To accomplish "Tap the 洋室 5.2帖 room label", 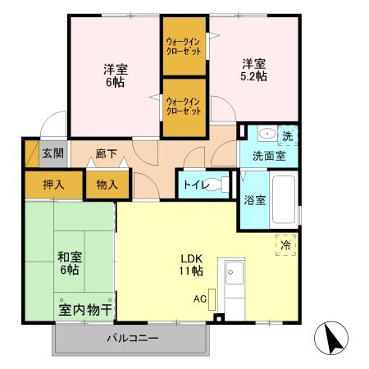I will point(253,70).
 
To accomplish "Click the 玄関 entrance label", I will point(52,153).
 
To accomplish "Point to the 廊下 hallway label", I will point(106,153).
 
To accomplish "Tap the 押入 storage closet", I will point(53,184).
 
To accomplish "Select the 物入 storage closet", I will point(107,184).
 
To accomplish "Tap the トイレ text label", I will point(194,184).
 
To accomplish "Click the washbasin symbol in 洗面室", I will point(266,134).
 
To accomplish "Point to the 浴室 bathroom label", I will point(253,199).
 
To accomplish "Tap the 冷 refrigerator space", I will point(285,244).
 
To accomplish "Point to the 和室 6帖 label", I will point(68,262).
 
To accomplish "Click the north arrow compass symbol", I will point(331,339).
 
